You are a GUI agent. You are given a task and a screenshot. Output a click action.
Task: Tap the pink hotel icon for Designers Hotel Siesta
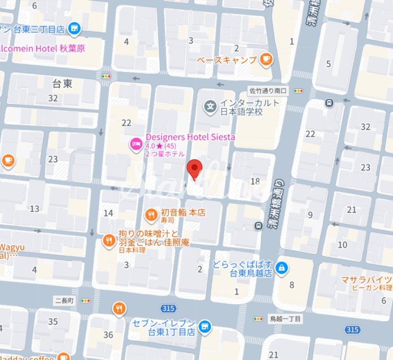[135, 144]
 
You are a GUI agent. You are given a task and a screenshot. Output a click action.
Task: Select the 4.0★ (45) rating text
[161, 146]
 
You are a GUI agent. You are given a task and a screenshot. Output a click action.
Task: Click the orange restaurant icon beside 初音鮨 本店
[151, 214]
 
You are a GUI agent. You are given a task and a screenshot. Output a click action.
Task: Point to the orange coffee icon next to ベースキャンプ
[267, 59]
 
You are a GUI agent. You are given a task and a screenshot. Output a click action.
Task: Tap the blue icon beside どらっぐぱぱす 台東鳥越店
[282, 268]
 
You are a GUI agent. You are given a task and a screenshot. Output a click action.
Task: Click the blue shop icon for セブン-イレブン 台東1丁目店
[205, 326]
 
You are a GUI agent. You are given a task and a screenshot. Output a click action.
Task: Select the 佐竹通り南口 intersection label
[267, 91]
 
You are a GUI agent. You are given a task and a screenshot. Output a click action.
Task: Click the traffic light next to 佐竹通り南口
[298, 91]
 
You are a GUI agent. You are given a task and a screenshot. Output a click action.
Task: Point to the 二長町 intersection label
[64, 300]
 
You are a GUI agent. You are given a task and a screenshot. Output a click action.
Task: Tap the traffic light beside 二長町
[86, 300]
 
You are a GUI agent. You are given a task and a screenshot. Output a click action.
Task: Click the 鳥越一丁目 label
[284, 319]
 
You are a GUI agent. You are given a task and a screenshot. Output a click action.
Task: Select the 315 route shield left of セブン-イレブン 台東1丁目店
[167, 308]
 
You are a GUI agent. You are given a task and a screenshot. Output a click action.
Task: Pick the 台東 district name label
[62, 84]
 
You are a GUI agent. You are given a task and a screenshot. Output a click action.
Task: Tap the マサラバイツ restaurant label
[367, 280]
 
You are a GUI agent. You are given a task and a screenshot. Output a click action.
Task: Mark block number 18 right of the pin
[255, 180]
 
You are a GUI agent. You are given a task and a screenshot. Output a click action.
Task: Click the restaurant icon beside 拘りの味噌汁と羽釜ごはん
[108, 240]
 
